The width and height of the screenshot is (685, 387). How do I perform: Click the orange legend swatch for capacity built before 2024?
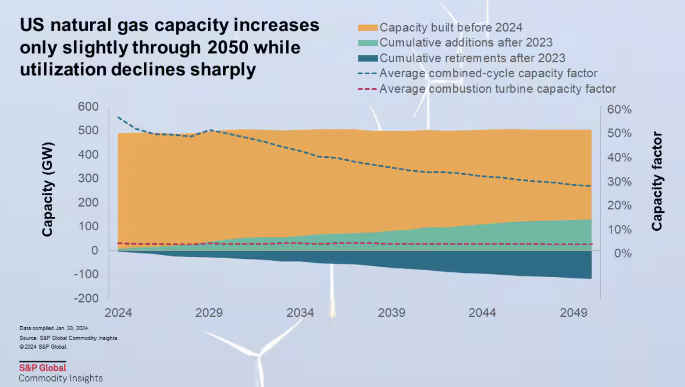click(x=367, y=28)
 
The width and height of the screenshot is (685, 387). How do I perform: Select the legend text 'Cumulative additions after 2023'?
click(x=466, y=42)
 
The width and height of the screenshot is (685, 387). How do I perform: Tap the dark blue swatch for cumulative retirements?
click(x=367, y=58)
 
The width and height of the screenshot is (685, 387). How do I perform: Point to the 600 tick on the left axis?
click(x=88, y=107)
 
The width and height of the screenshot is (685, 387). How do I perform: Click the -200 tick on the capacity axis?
click(x=86, y=298)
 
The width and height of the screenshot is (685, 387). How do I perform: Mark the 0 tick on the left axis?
click(x=95, y=250)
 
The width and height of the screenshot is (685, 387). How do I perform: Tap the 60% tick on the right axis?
click(x=619, y=109)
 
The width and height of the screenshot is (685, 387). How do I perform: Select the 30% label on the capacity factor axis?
click(x=619, y=182)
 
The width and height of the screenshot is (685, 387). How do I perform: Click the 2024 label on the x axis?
click(x=118, y=313)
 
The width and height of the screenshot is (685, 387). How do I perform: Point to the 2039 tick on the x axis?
click(x=391, y=313)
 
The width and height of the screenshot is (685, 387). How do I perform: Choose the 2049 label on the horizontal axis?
click(x=574, y=313)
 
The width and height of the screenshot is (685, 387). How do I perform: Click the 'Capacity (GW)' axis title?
click(x=48, y=189)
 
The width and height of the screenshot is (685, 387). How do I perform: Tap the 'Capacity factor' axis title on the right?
click(x=657, y=181)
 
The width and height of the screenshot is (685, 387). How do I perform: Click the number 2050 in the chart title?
click(x=228, y=48)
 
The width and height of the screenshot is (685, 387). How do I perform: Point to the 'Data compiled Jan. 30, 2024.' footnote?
click(x=54, y=328)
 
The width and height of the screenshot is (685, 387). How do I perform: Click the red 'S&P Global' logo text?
click(x=42, y=368)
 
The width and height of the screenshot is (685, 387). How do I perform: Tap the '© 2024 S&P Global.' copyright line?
click(x=43, y=347)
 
